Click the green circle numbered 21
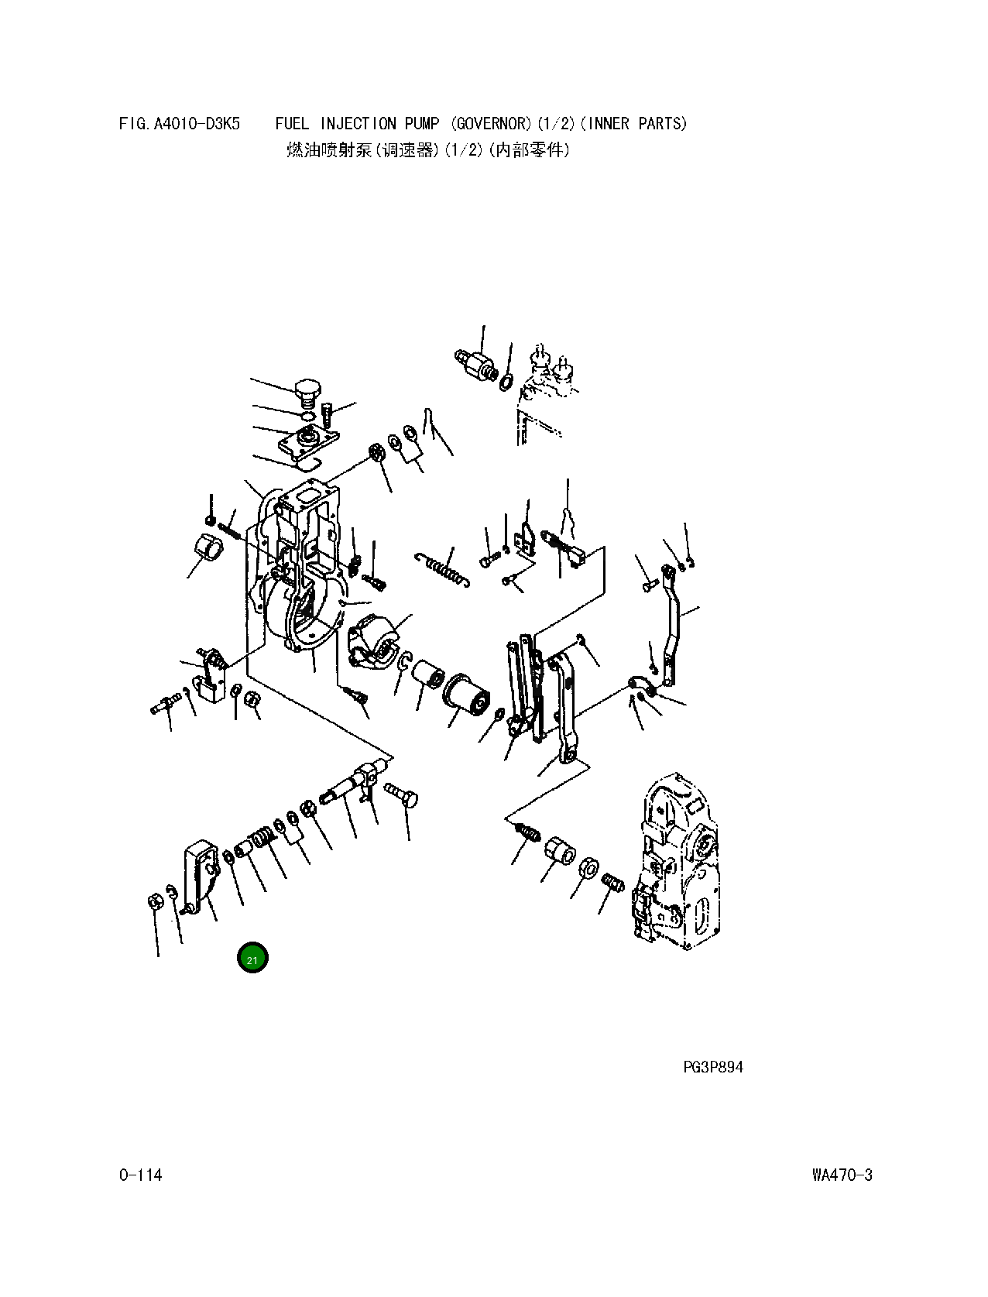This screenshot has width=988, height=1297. pyautogui.click(x=252, y=958)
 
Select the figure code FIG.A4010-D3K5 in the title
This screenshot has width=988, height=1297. pyautogui.click(x=180, y=124)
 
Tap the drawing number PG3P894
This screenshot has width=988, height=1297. pyautogui.click(x=712, y=1067)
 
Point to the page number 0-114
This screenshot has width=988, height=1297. pyautogui.click(x=140, y=1175)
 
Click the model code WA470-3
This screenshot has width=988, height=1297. pyautogui.click(x=842, y=1175)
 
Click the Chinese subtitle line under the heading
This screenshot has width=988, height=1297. pyautogui.click(x=427, y=150)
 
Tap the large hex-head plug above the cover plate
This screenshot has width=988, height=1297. pyautogui.click(x=307, y=393)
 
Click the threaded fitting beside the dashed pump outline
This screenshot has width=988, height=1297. pyautogui.click(x=476, y=362)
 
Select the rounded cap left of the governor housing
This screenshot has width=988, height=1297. pyautogui.click(x=207, y=547)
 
